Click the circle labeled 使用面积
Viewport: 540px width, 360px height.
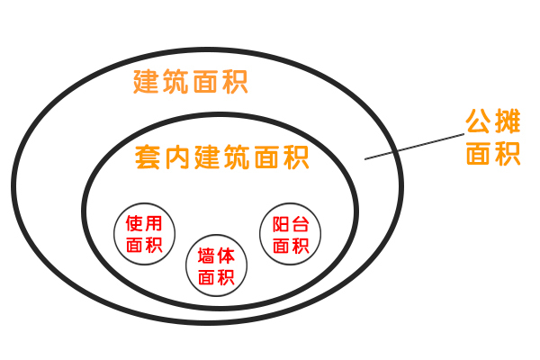tap(145, 233)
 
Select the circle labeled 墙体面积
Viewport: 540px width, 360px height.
tap(216, 266)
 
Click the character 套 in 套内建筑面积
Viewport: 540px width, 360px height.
tap(149, 158)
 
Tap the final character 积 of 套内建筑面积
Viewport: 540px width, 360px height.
tap(294, 158)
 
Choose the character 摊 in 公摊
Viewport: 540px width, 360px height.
tap(508, 121)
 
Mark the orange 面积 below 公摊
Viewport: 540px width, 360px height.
tap(493, 154)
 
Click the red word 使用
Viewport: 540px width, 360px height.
tap(145, 222)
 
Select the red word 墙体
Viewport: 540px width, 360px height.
tap(216, 256)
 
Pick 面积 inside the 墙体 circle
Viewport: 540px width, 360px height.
tap(216, 278)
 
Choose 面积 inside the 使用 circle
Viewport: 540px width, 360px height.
tap(145, 245)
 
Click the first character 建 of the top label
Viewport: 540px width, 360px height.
tap(147, 83)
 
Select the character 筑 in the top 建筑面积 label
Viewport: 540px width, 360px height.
tap(175, 83)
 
